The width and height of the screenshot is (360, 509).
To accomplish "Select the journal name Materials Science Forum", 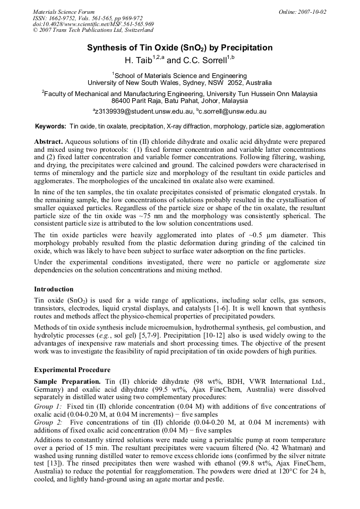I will (64, 12).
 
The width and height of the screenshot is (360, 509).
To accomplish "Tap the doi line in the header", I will (93, 24).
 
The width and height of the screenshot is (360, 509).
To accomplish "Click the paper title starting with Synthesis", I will (179, 48).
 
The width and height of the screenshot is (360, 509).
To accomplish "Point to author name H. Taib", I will (138, 60).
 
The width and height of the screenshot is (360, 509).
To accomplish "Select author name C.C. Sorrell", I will (204, 60).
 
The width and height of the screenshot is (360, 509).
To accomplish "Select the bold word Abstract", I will (48, 143).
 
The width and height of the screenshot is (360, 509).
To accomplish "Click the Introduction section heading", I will (54, 289).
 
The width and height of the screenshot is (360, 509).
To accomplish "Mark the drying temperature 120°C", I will (270, 470).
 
